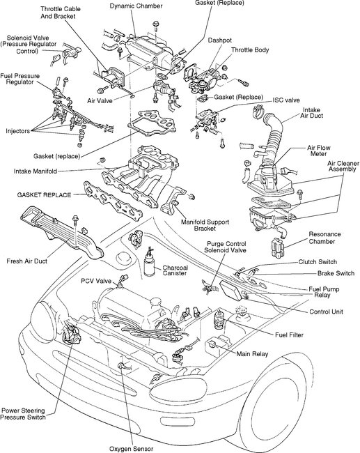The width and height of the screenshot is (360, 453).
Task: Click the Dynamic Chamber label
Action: tap(136, 6)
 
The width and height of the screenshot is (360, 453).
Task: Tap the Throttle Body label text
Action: tap(250, 50)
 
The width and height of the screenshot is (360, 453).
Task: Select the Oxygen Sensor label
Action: tap(131, 449)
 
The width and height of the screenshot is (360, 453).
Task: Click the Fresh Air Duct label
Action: tap(27, 261)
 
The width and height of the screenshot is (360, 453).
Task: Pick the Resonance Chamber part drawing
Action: tap(278, 247)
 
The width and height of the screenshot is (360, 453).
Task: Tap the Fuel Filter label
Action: tap(289, 335)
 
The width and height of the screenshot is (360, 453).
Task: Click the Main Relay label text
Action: tap(252, 354)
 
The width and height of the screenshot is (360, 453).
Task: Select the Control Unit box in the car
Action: tap(231, 291)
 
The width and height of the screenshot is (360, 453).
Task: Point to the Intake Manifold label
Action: tap(36, 171)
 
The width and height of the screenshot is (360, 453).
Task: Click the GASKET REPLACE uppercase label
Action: tap(44, 195)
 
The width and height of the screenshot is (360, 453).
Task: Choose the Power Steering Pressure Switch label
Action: tap(23, 414)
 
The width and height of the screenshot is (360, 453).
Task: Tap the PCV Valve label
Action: tap(96, 281)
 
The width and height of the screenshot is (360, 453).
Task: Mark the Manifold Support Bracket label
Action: tap(205, 225)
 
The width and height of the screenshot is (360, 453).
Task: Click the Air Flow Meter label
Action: tap(318, 151)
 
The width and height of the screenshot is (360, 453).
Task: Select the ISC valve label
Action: tap(286, 100)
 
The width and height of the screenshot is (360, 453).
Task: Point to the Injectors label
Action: tap(17, 131)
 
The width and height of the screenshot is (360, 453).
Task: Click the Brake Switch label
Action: tap(336, 273)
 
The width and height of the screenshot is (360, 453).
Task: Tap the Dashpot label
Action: tap(220, 40)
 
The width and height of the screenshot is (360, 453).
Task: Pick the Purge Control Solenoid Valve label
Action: tap(226, 247)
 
